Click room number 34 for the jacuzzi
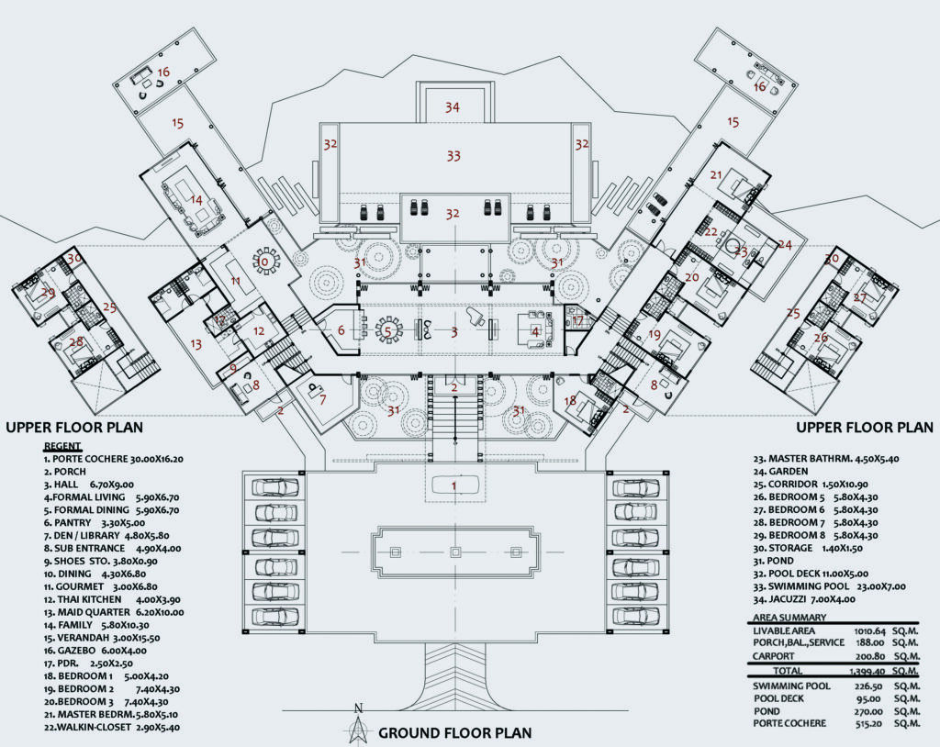452,107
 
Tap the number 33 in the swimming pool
453,156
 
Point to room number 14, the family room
196,199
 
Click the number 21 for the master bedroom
716,175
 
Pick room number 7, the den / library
322,399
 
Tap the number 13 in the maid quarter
195,344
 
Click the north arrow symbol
360,725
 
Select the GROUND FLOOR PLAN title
454,733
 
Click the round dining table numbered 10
264,262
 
